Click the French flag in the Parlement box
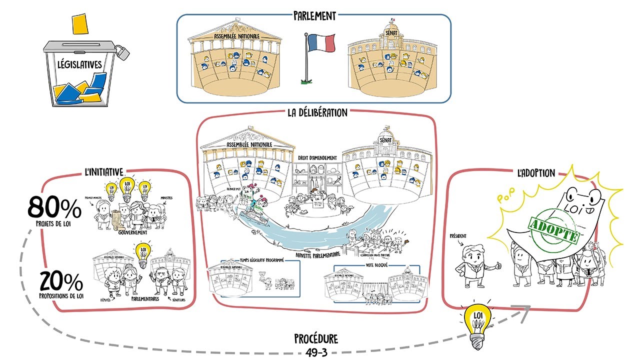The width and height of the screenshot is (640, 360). pyautogui.click(x=321, y=43)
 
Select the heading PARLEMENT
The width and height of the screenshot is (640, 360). pyautogui.click(x=314, y=15)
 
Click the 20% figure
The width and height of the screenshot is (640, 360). pyautogui.click(x=60, y=283)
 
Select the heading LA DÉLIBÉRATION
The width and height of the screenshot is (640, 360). pyautogui.click(x=317, y=112)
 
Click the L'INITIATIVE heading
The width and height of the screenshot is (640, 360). pyautogui.click(x=103, y=172)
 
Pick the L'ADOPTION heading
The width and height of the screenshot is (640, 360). pyautogui.click(x=536, y=173)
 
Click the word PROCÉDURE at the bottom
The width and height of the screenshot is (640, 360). pyautogui.click(x=316, y=339)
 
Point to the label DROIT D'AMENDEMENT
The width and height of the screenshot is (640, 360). pyautogui.click(x=317, y=158)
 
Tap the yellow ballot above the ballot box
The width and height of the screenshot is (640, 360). pyautogui.click(x=79, y=23)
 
